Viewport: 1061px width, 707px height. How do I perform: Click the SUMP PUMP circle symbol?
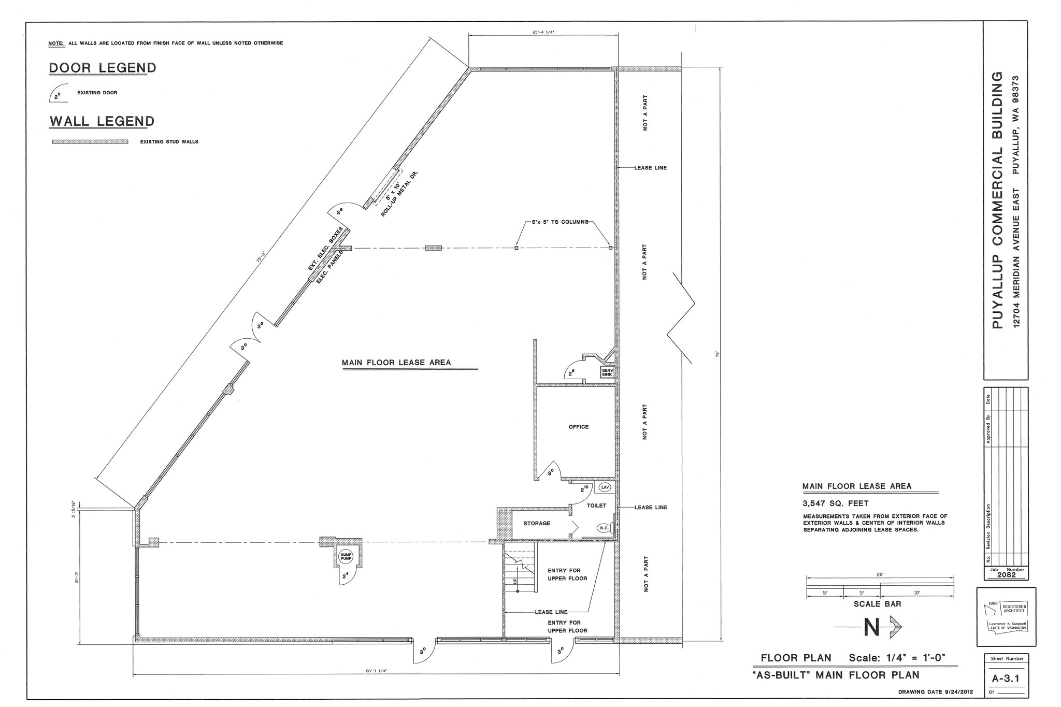tap(346, 557)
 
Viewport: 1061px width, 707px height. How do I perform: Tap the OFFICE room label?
tap(579, 427)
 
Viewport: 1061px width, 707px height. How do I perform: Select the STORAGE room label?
tap(537, 524)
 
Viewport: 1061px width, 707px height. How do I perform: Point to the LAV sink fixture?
tap(605, 487)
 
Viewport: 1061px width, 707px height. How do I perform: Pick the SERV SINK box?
tap(607, 372)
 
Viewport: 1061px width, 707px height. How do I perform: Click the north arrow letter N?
tap(872, 628)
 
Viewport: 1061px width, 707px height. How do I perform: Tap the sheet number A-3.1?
tap(1006, 678)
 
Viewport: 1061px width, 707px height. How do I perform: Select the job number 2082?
tap(1006, 575)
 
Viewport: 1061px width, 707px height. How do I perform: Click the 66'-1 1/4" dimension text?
tap(376, 671)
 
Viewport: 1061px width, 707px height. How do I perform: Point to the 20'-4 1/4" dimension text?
tap(543, 32)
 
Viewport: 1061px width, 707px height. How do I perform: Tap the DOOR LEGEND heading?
tap(103, 68)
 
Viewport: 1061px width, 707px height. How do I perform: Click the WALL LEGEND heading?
tap(102, 121)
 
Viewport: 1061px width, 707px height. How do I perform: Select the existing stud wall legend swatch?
tap(90, 141)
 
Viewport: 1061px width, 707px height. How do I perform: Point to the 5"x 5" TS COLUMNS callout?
tap(560, 222)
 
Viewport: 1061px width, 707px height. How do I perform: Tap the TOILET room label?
tap(596, 506)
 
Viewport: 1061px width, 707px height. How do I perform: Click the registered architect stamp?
tap(1006, 617)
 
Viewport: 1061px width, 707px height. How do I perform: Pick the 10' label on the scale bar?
tap(916, 593)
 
